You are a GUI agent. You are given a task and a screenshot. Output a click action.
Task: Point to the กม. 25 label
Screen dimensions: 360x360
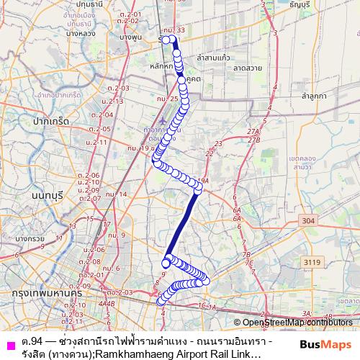click(166, 98)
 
